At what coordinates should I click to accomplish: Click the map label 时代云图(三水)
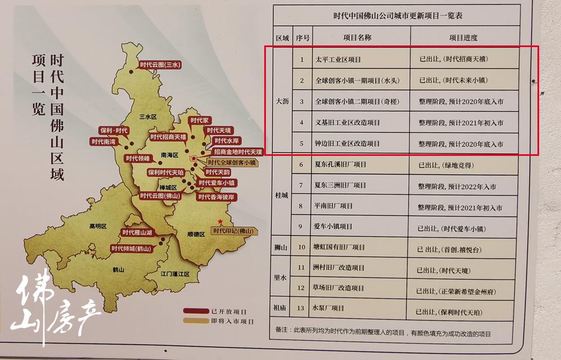(x=160, y=64)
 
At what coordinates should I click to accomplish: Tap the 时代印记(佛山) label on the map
(x=233, y=231)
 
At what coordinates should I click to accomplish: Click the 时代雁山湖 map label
(x=137, y=232)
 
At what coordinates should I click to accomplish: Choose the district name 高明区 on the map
(x=97, y=227)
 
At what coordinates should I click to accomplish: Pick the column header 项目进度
(x=463, y=38)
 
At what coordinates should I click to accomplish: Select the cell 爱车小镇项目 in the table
(x=334, y=227)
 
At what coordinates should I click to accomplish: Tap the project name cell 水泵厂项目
(x=330, y=308)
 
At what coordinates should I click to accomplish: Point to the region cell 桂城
(x=282, y=196)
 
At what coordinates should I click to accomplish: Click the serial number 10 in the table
(x=301, y=247)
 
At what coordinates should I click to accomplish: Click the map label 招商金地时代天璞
(x=238, y=152)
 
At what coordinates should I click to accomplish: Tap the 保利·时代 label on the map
(x=114, y=131)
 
